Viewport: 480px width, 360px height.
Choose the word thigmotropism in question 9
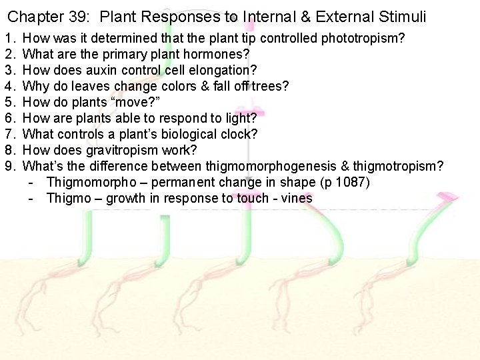tap(403, 166)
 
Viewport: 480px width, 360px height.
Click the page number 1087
tap(354, 182)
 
